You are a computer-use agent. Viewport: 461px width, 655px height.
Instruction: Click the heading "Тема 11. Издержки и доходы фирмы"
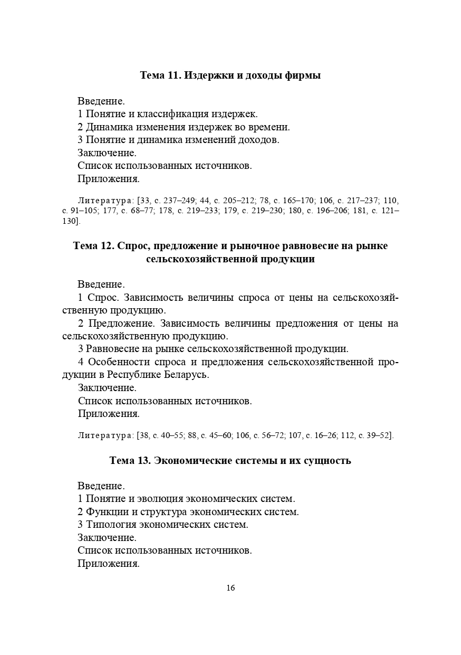pyautogui.click(x=230, y=75)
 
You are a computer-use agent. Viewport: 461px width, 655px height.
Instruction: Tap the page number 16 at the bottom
pyautogui.click(x=230, y=588)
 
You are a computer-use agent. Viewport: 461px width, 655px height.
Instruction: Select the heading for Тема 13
pyautogui.click(x=230, y=460)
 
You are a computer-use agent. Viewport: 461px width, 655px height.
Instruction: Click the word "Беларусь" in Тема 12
pyautogui.click(x=186, y=375)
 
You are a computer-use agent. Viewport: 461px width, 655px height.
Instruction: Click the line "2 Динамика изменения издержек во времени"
pyautogui.click(x=184, y=127)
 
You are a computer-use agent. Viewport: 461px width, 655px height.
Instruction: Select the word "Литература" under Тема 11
pyautogui.click(x=105, y=201)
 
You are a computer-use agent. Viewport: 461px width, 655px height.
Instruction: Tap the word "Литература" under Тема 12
pyautogui.click(x=105, y=435)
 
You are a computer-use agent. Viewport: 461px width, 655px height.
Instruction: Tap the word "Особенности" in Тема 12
pyautogui.click(x=119, y=362)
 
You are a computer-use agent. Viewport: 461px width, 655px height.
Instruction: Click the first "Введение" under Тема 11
pyautogui.click(x=101, y=101)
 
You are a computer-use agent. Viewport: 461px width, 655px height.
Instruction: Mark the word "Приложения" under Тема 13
pyautogui.click(x=108, y=563)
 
